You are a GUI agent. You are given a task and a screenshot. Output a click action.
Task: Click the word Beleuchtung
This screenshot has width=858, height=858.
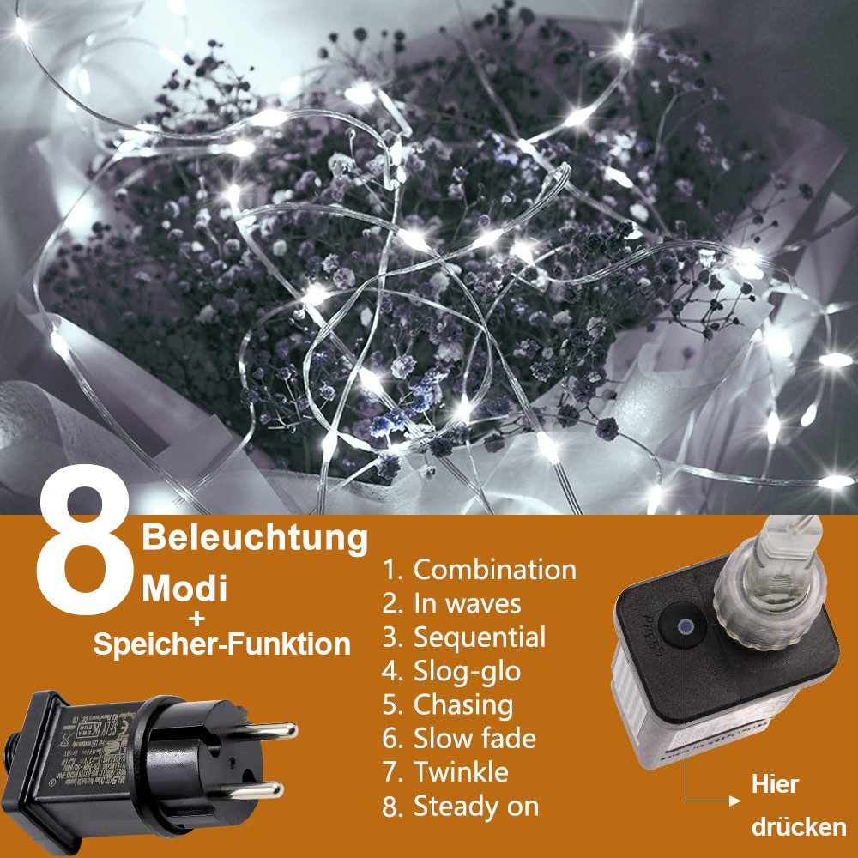pyautogui.click(x=255, y=538)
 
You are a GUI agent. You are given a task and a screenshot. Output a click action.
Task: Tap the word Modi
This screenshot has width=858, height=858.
pyautogui.click(x=184, y=589)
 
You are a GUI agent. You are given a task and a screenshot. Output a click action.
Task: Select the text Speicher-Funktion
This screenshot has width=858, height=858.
pyautogui.click(x=222, y=643)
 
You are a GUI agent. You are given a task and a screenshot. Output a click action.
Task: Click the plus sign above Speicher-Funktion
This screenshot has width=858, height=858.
pyautogui.click(x=198, y=617)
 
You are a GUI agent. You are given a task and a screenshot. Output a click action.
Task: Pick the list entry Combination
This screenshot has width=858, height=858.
pyautogui.click(x=480, y=570)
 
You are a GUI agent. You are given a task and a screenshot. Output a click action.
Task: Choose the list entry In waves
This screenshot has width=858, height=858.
pyautogui.click(x=452, y=603)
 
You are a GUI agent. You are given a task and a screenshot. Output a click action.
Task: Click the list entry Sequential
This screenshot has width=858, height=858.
pyautogui.click(x=464, y=637)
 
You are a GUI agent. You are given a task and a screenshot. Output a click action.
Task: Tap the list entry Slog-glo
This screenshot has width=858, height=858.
pyautogui.click(x=452, y=671)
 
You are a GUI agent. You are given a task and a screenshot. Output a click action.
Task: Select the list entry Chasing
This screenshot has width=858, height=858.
pyautogui.click(x=448, y=705)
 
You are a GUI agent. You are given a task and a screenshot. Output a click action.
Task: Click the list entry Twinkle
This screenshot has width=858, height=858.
pyautogui.click(x=445, y=772)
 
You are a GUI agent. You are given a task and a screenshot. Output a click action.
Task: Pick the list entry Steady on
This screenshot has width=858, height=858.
pyautogui.click(x=461, y=807)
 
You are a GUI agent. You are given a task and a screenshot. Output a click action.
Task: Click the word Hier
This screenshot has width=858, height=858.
pyautogui.click(x=775, y=784)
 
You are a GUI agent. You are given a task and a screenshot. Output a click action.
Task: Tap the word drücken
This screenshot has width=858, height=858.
pyautogui.click(x=799, y=828)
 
